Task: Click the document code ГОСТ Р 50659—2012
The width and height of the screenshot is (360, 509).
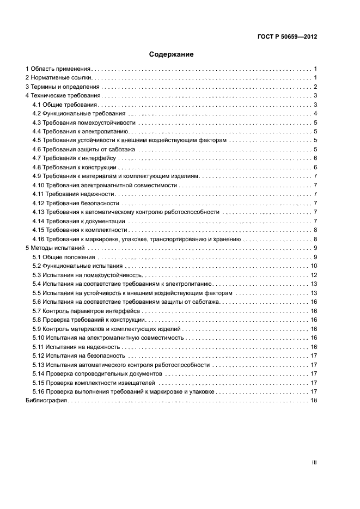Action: tap(287, 37)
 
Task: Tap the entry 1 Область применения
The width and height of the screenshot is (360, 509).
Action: tap(58, 69)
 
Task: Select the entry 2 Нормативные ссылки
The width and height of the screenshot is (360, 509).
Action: tap(58, 78)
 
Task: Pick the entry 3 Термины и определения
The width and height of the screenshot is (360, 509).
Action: tap(63, 87)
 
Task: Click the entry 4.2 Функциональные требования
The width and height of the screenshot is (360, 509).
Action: tap(79, 113)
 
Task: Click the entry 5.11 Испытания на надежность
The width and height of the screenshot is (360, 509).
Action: tap(76, 347)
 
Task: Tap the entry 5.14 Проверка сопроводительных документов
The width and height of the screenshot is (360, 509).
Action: tap(97, 373)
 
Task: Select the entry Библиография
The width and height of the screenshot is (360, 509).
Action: tap(46, 400)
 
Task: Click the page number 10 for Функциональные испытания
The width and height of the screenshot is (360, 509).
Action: tap(314, 266)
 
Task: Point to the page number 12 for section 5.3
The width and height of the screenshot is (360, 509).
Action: tap(314, 274)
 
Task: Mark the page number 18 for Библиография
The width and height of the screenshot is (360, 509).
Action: tap(314, 400)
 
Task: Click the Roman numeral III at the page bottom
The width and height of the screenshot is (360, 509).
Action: tap(314, 462)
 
